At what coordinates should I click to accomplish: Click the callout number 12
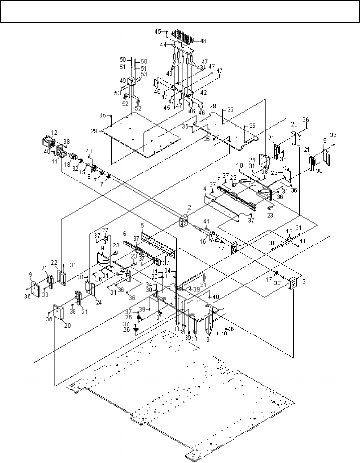point(54,132)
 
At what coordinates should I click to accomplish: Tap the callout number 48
point(203,41)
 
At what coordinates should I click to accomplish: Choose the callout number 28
point(213,106)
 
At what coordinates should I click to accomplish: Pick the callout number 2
point(189,207)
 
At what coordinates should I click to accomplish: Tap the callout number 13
point(289,231)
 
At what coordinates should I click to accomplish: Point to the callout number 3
point(304,281)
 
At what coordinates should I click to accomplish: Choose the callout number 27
point(105,230)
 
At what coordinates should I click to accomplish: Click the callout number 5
point(142,225)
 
